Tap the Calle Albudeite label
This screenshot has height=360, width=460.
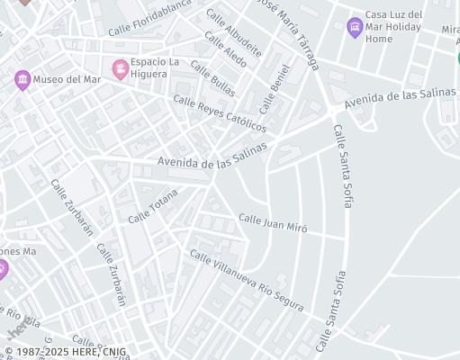[x=232, y=33]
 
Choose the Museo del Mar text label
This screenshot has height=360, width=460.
[x=68, y=79]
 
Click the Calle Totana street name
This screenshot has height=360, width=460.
[x=153, y=206]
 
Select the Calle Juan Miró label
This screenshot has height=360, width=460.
[x=273, y=223]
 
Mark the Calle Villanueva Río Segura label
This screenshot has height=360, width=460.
[x=246, y=281]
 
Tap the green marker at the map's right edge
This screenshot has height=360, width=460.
[x=457, y=58]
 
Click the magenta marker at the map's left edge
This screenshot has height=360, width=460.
[x=3, y=268]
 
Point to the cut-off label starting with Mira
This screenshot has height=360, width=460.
[x=450, y=30]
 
